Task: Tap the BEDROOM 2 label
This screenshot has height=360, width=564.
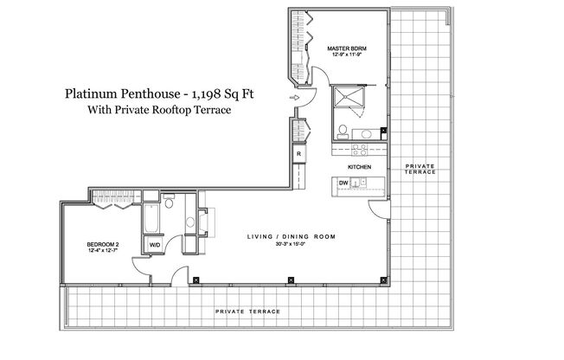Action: (103, 245)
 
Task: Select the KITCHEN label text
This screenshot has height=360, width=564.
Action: (360, 165)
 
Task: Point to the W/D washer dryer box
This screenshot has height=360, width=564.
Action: (156, 245)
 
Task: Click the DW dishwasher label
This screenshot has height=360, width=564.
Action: (343, 183)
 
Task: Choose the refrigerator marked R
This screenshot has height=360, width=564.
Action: (298, 154)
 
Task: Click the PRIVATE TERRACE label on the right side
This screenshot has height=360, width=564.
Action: (420, 168)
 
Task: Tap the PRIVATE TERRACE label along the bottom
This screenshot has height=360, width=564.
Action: (247, 309)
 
